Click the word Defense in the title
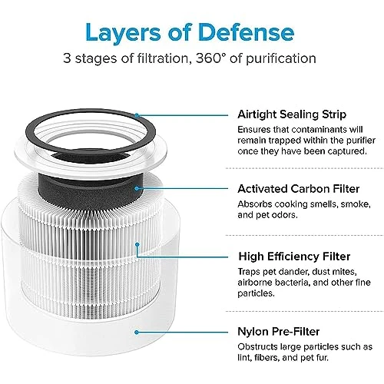tap(247, 32)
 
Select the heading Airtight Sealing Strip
tap(292, 114)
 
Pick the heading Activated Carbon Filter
tap(299, 189)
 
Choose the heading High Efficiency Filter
tap(294, 257)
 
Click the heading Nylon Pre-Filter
tap(279, 332)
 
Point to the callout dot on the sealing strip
tap(137, 115)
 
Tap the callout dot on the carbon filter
tap(137, 188)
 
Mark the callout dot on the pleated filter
tap(137, 244)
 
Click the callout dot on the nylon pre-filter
tap(137, 333)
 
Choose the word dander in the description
tap(294, 272)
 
